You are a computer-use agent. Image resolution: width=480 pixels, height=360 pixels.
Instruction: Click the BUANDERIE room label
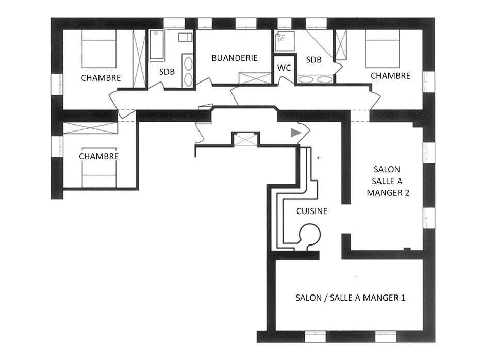(x=234, y=58)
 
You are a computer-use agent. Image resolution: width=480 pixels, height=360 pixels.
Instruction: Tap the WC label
(x=284, y=68)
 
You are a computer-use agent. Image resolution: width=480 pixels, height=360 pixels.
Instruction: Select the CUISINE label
(x=311, y=211)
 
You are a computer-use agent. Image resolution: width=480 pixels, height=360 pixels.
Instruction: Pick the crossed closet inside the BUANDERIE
(x=255, y=79)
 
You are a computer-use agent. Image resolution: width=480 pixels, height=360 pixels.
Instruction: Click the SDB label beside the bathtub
(x=167, y=72)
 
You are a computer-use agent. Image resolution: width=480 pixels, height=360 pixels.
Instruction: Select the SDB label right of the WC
(x=313, y=60)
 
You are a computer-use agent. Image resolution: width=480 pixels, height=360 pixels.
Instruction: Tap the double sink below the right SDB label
(x=315, y=79)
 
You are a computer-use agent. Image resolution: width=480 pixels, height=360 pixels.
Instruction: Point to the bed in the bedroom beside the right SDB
(x=383, y=48)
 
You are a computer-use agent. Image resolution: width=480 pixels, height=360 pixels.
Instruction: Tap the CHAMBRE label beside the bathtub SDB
(x=101, y=78)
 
